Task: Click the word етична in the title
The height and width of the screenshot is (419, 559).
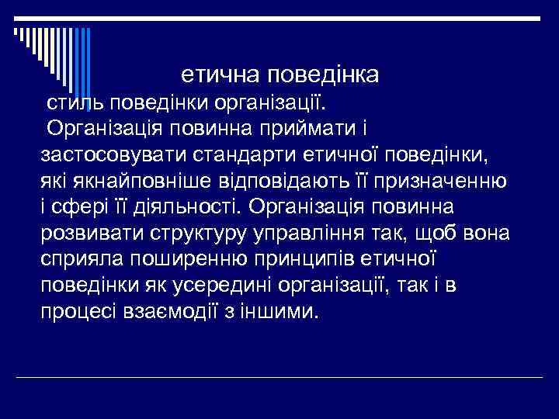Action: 220,76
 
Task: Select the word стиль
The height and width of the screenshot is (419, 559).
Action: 74,102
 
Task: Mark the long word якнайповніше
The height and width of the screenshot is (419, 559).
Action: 134,181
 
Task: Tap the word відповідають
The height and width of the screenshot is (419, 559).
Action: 286,181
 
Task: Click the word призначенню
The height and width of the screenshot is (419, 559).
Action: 442,181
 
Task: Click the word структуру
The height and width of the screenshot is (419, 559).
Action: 205,234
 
